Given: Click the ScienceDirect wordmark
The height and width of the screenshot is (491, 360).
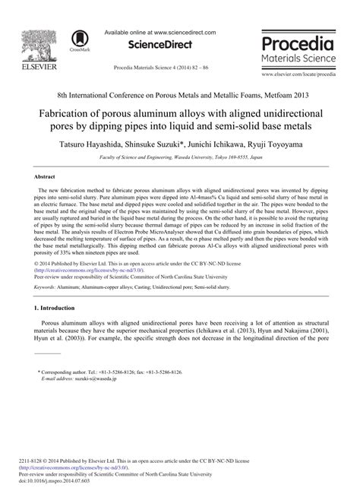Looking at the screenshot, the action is click(x=159, y=45).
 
